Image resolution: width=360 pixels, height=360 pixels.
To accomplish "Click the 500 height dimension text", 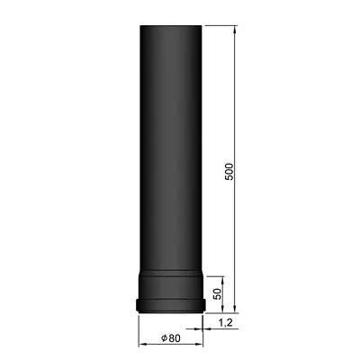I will [229, 170].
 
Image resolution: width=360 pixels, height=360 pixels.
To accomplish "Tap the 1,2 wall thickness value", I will [227, 321].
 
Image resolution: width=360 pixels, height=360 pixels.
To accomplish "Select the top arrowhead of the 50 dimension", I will [222, 275].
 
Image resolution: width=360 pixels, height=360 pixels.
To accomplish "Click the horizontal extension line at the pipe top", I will [220, 28].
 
